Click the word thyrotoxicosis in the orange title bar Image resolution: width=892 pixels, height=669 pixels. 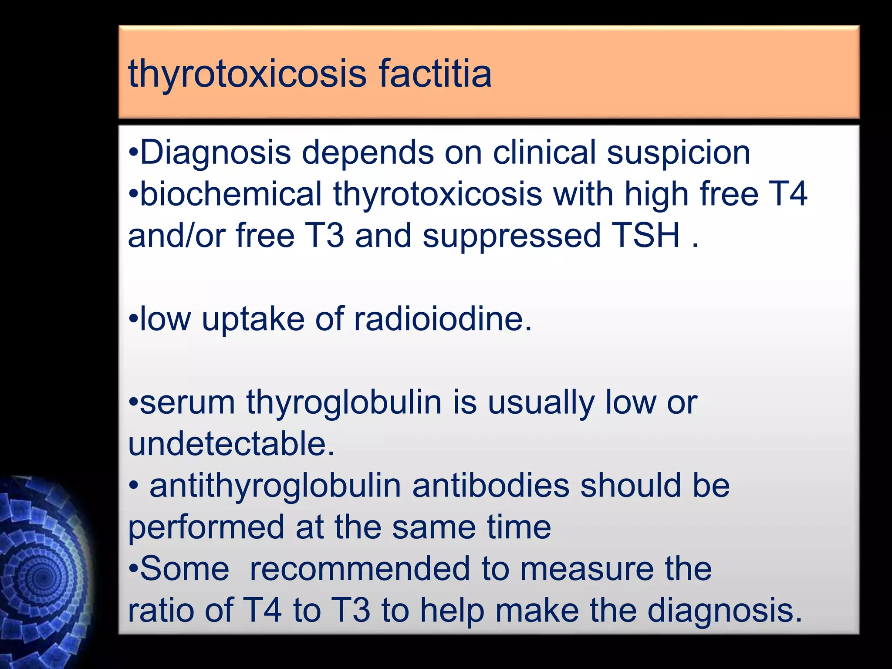pyautogui.click(x=247, y=74)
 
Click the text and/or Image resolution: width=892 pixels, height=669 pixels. pyautogui.click(x=176, y=235)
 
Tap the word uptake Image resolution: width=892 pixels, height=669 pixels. pyautogui.click(x=253, y=320)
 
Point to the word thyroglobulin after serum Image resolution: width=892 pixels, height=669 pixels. pyautogui.click(x=344, y=403)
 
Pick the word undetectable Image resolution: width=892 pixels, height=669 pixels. pyautogui.click(x=231, y=444)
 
